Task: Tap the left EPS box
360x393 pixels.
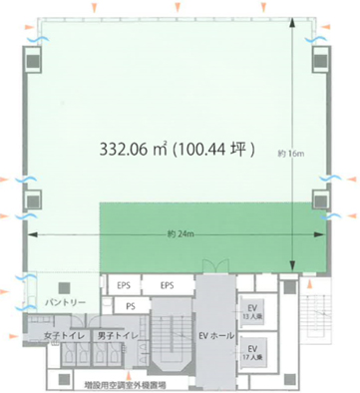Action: [x=127, y=284]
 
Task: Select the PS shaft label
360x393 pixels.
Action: [x=131, y=306]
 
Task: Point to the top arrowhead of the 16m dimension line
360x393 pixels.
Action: [x=291, y=27]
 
